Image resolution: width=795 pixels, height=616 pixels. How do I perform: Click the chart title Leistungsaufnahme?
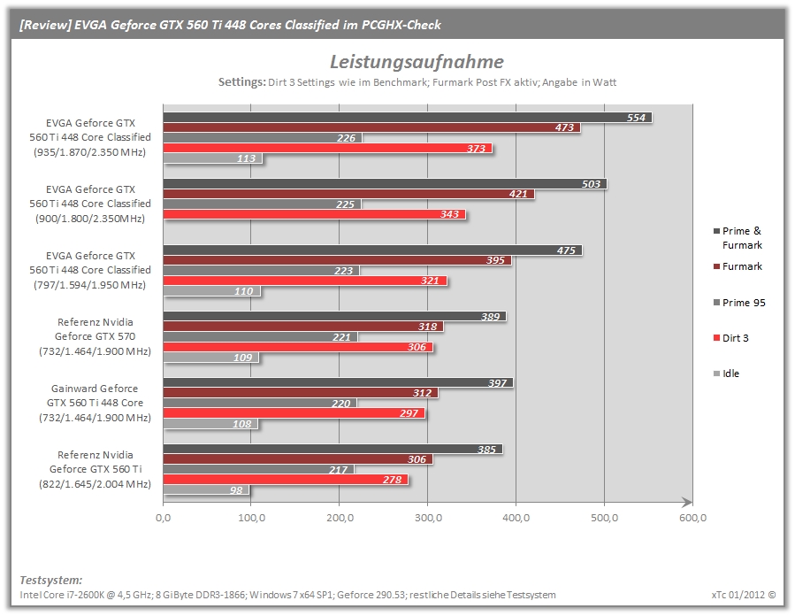point(417,62)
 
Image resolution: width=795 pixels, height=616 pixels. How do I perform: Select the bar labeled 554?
point(407,118)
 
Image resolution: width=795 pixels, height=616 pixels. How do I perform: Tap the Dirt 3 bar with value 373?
point(327,148)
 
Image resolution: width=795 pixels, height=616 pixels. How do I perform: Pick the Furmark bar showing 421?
point(348,194)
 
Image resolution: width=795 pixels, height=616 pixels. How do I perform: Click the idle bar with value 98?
point(206,490)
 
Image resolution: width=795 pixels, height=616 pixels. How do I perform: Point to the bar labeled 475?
point(372,250)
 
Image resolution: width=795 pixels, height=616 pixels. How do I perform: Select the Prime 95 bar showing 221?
point(261,337)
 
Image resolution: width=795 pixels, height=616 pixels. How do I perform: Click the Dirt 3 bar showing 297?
point(294,413)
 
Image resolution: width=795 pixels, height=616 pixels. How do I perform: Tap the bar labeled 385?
point(333,449)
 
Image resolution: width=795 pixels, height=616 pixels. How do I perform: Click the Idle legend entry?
point(727,373)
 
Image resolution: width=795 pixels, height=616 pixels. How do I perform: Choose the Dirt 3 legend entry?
point(731,338)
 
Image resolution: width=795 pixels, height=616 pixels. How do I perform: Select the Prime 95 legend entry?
point(740,303)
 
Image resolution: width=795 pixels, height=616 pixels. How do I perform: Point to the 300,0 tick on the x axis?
point(428,518)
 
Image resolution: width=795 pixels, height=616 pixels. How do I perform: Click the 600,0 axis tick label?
point(692,518)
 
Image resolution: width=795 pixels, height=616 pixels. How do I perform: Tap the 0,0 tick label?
point(164,518)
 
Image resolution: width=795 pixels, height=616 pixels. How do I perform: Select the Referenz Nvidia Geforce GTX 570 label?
point(95,336)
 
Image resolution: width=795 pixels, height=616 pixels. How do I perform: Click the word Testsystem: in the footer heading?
point(50,580)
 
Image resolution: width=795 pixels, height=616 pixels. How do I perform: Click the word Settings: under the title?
point(241,82)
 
